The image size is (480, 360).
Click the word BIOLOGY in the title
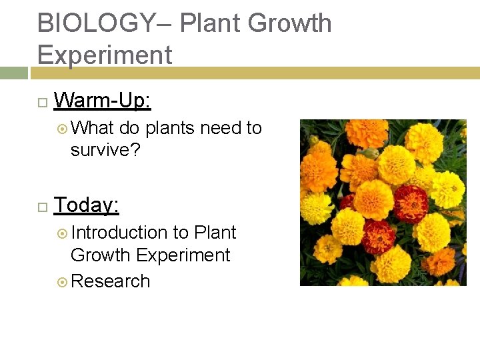tap(95, 23)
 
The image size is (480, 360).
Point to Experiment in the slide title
tap(105, 54)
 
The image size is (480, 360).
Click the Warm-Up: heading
tap(102, 101)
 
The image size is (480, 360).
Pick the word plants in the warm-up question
tap(171, 127)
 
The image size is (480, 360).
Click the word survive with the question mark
tap(105, 149)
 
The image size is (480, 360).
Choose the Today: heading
tap(86, 205)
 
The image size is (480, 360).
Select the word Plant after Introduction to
tap(215, 233)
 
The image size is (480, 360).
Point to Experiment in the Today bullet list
tap(183, 255)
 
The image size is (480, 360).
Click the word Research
tap(110, 281)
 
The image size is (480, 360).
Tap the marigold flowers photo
tap(383, 203)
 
